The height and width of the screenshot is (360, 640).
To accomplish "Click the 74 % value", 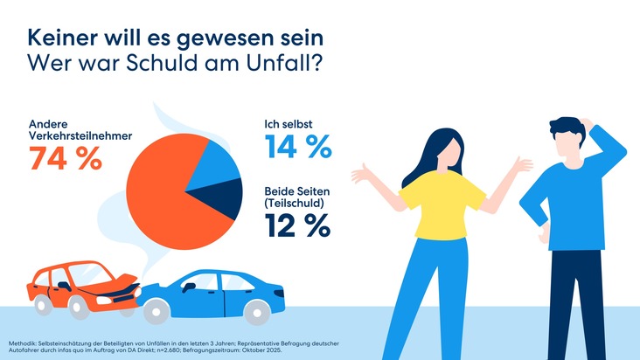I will [x=66, y=159].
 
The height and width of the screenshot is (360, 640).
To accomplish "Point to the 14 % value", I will [x=296, y=146].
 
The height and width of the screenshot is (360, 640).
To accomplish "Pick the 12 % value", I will [x=296, y=225].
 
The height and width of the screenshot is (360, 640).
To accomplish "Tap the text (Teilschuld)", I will [x=296, y=203].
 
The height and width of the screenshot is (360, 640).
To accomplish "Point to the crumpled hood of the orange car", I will [x=119, y=282].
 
